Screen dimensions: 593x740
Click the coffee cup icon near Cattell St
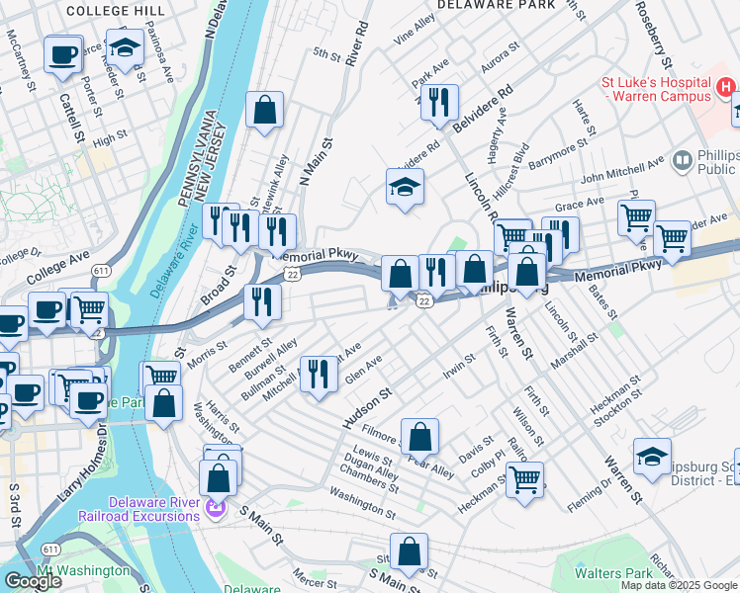(x=62, y=55)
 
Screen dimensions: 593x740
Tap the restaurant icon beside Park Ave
(x=439, y=103)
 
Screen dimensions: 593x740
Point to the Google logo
(x=32, y=580)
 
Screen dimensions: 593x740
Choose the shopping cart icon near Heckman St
(x=524, y=480)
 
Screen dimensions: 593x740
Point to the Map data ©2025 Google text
(x=679, y=585)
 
